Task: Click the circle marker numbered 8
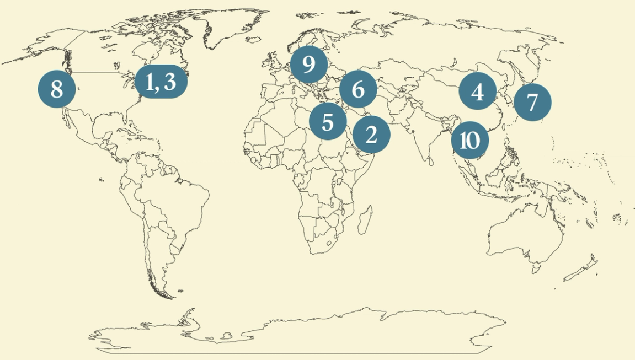[57, 89]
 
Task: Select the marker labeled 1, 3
[161, 82]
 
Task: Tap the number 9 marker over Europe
[309, 65]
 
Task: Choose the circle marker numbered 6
[358, 89]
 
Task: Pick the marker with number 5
[328, 121]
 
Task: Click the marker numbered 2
[371, 135]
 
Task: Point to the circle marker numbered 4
[477, 91]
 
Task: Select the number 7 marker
[532, 103]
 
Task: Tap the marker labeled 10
[469, 141]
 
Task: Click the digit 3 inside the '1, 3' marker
[170, 82]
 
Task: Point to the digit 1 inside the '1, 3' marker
[150, 82]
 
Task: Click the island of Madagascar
[364, 219]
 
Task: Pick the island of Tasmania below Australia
[535, 268]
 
